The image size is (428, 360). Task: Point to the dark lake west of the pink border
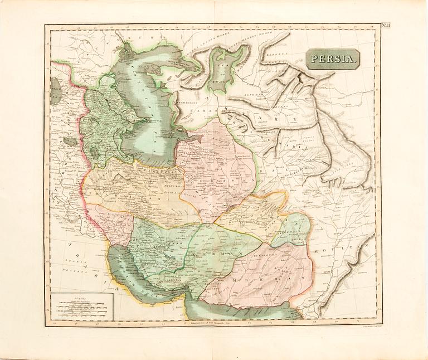click(x=70, y=142)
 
